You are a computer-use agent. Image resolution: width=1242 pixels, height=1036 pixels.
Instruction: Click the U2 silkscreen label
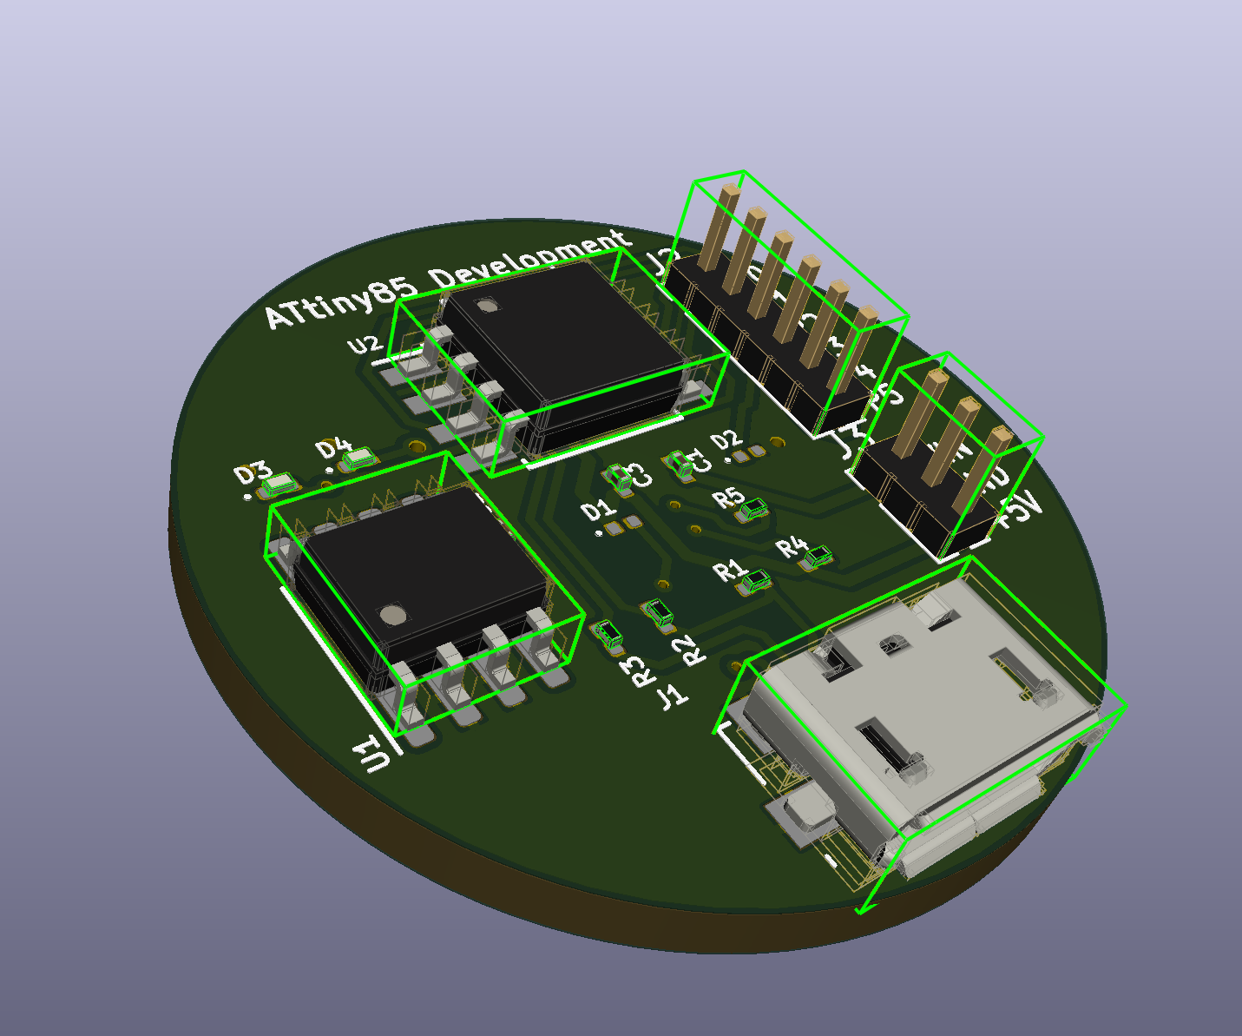pyautogui.click(x=365, y=345)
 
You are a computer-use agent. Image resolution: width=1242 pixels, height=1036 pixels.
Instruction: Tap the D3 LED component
pyautogui.click(x=279, y=485)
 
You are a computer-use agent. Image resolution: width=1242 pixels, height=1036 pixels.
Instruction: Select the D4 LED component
pyautogui.click(x=357, y=458)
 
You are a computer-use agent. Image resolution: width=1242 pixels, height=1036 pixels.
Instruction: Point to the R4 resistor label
pyautogui.click(x=791, y=547)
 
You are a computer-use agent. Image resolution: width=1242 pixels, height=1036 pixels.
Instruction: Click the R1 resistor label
pyautogui.click(x=729, y=571)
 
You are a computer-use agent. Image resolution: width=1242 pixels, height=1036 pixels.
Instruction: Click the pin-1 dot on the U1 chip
pyautogui.click(x=393, y=616)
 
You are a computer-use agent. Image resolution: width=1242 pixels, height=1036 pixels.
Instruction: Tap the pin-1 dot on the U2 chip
pyautogui.click(x=487, y=305)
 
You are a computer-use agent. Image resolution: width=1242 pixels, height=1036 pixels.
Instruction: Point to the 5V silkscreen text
pyautogui.click(x=1019, y=511)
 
